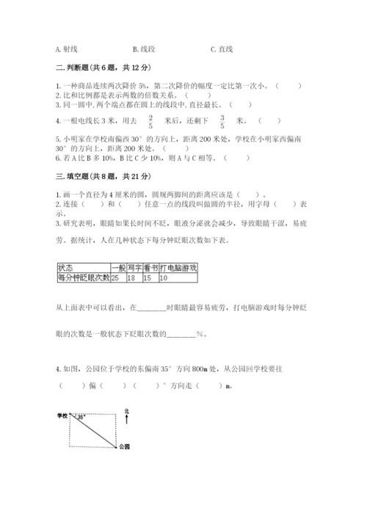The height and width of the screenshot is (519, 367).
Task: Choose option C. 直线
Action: point(221,49)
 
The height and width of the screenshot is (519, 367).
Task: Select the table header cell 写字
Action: point(134,269)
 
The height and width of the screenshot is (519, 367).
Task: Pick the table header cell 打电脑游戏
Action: point(178,269)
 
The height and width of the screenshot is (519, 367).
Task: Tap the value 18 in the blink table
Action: point(133,278)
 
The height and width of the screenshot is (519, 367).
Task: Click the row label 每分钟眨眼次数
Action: point(82,278)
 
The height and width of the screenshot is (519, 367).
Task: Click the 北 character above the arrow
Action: point(127,411)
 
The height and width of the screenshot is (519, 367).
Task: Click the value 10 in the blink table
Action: point(163,278)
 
